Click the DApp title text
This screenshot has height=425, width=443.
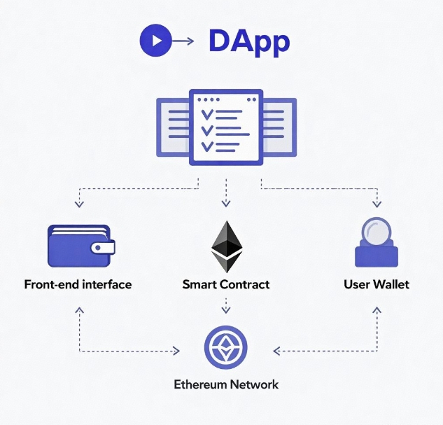coord(248,42)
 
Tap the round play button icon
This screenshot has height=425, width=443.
coord(155,41)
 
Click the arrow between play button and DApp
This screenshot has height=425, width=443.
coord(183,41)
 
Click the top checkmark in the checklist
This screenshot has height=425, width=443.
coord(208,113)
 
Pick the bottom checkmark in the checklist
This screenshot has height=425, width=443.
coord(208,146)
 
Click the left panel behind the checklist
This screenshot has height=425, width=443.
coord(172,127)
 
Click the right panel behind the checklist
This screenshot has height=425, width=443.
coord(280,127)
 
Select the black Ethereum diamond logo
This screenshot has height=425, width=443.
coord(225,246)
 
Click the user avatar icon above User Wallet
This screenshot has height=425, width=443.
coord(377,242)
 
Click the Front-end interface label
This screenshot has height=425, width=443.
coord(78,285)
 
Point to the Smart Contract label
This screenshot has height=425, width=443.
coord(225,285)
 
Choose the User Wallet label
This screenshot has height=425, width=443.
coord(377,285)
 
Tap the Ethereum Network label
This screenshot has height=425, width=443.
coord(225,384)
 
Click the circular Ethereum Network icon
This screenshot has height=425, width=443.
coord(225,347)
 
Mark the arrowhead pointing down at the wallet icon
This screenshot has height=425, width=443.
coord(79,204)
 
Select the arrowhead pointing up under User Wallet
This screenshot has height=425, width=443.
coord(378,308)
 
